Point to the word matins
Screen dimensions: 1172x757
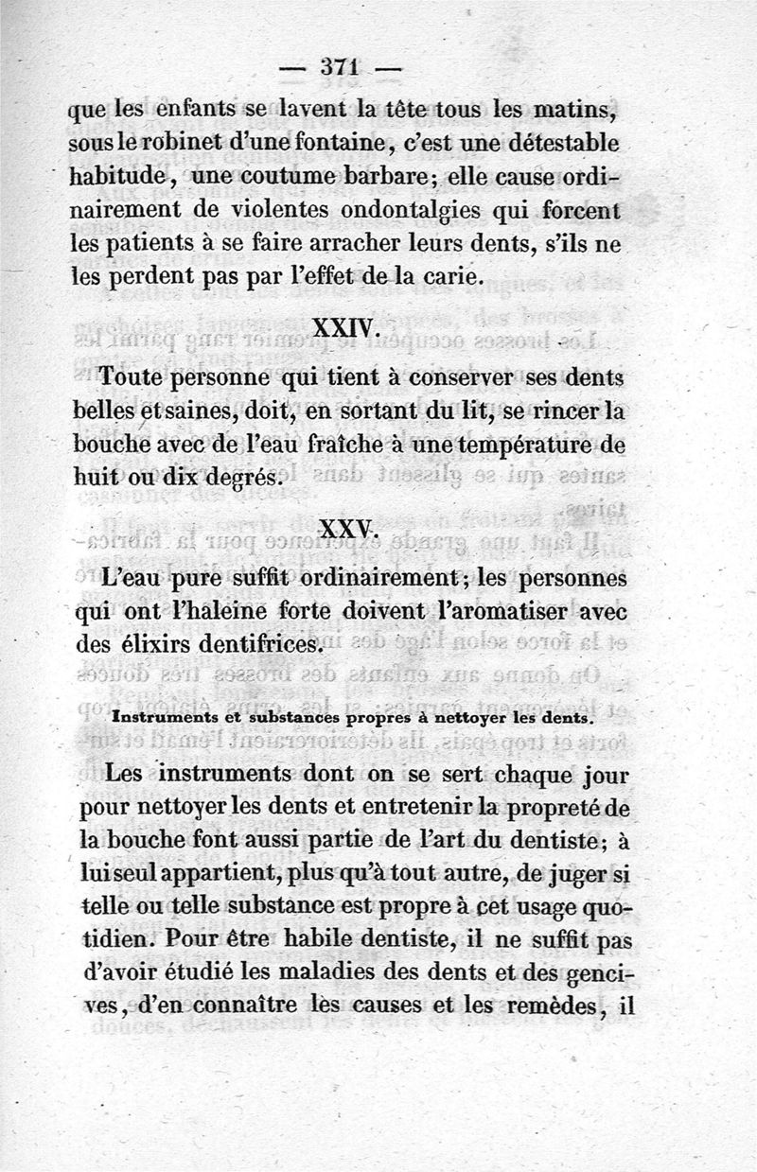pos(578,112)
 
